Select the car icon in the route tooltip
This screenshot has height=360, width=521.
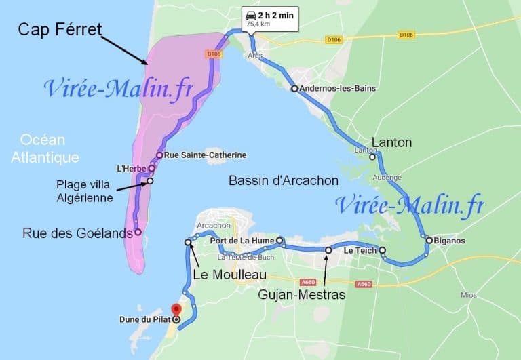(x=251, y=15)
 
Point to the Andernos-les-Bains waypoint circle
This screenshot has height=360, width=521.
(x=294, y=89)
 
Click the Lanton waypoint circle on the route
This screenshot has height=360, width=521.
(x=372, y=157)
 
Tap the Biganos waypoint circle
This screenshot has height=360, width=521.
(x=429, y=239)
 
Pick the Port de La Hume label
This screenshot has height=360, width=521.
(x=242, y=241)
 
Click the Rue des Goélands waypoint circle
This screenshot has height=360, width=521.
(x=138, y=233)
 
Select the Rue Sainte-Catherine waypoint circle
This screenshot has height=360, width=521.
(x=159, y=155)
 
